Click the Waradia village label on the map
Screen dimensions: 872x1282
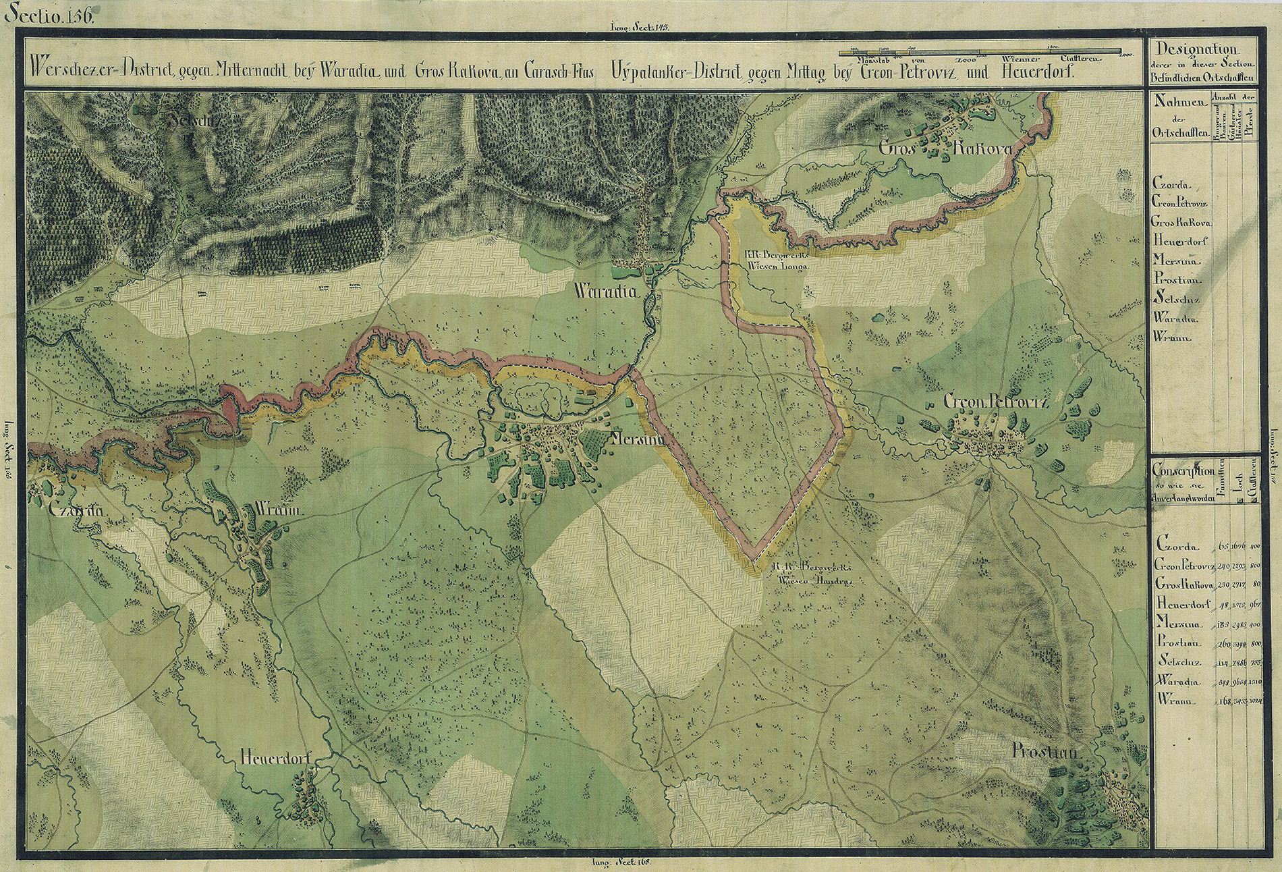(605, 292)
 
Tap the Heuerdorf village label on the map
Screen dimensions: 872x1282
(275, 758)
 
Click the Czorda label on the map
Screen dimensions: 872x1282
(75, 511)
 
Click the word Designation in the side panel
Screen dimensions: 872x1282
(1196, 49)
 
